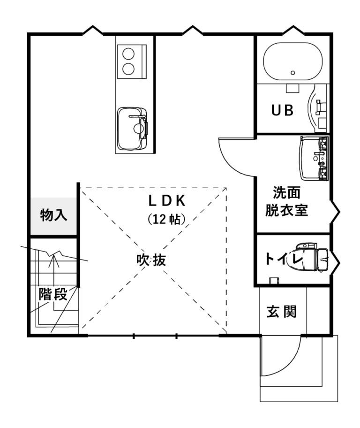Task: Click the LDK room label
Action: pos(167,201)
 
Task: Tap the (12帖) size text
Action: pos(166,219)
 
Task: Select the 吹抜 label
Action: pos(151,260)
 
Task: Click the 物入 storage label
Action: pos(53,215)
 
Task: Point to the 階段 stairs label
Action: pos(53,294)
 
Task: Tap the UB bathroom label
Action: pos(283,110)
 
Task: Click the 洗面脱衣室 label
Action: pos(286,201)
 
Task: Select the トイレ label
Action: pos(284,259)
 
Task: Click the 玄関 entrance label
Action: pos(281,312)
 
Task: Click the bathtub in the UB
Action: pos(293,61)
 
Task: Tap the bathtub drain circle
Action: pos(293,73)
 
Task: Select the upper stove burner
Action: pos(128,54)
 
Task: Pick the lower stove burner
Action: pos(128,69)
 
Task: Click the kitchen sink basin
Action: pos(132,129)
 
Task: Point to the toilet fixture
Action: pos(313,257)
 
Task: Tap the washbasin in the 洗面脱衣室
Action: pos(314,158)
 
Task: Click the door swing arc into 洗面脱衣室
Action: pos(231,165)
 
